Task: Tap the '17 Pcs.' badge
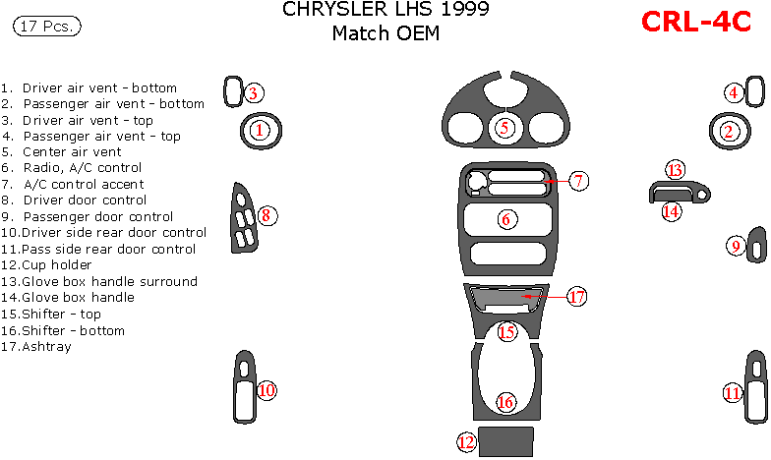click(x=47, y=27)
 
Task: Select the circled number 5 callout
click(x=504, y=127)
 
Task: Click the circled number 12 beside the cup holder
click(x=466, y=442)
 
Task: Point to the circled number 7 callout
click(x=579, y=181)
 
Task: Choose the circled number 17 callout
click(x=577, y=296)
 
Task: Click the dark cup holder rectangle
click(x=506, y=441)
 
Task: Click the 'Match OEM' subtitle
click(x=385, y=33)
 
